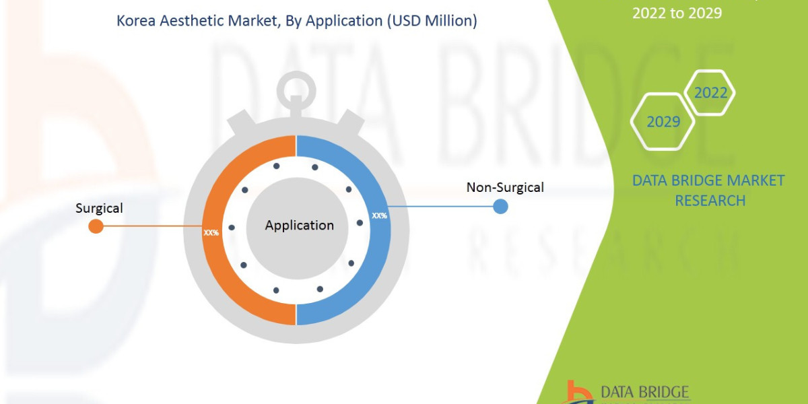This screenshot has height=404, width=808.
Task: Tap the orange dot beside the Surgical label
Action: (96, 226)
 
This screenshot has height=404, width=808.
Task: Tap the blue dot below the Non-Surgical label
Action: (500, 206)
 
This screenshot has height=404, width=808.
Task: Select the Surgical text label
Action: (99, 208)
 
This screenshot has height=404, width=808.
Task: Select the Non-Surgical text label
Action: (505, 187)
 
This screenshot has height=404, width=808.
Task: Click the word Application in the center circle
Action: (299, 226)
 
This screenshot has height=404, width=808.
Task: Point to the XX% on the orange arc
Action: (211, 232)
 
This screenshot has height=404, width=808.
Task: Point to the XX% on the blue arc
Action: (380, 216)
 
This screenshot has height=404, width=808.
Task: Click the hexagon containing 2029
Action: (663, 122)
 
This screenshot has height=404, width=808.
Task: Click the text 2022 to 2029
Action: (677, 13)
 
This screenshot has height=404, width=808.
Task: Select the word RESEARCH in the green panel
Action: (710, 200)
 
